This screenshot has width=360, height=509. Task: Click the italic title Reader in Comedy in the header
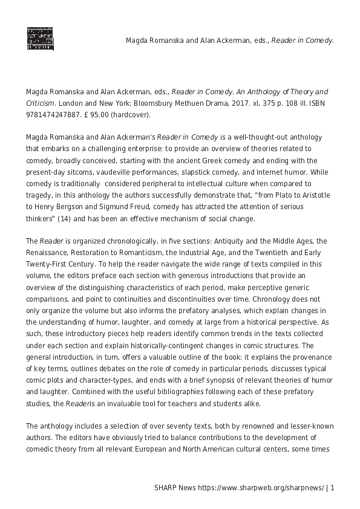(303, 41)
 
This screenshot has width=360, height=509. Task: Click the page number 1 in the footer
(332, 487)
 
